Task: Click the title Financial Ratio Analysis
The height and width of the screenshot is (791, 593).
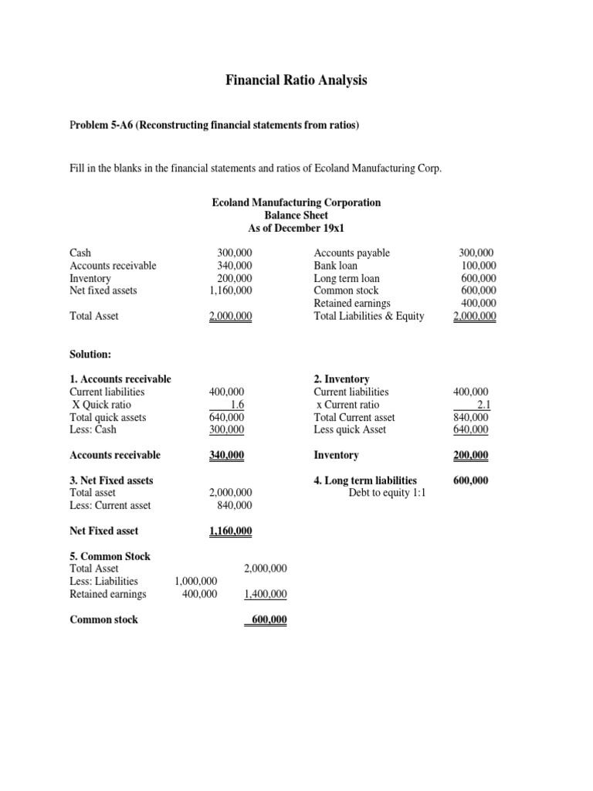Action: pos(296,80)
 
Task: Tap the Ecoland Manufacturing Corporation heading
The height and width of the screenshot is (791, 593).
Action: pos(296,202)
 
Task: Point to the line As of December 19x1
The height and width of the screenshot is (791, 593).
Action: pos(296,228)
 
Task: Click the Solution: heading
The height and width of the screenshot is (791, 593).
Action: pos(90,353)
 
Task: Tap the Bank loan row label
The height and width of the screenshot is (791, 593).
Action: pos(336,266)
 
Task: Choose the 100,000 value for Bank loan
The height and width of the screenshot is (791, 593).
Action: pos(479,266)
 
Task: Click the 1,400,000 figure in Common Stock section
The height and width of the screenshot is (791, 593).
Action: pos(265,594)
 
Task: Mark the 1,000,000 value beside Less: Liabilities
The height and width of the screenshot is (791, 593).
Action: pos(196,581)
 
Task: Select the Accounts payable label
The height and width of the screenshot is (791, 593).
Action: pos(351,253)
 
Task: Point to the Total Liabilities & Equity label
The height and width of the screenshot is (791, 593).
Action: pos(368,316)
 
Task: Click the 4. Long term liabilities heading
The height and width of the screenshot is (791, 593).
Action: pos(365,480)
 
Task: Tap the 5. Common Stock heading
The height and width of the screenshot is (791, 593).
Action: pos(110,556)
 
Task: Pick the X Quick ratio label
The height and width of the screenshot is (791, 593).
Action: pos(101,405)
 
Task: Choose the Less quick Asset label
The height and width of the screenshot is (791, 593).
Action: pos(350,429)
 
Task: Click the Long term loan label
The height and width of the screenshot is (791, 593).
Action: pos(347,278)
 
